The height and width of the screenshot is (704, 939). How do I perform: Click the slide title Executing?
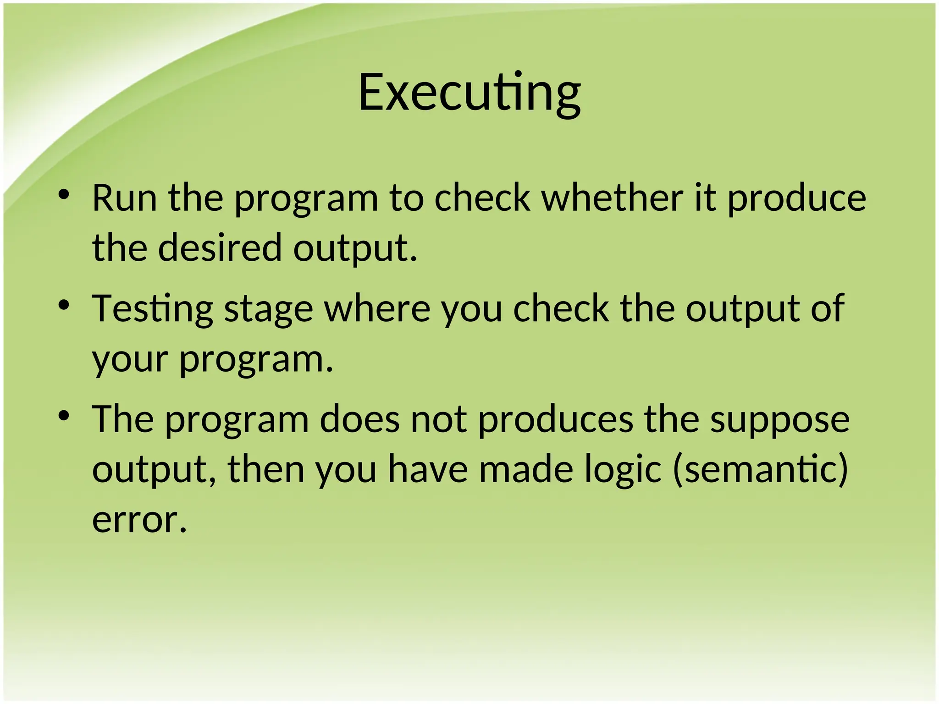[x=469, y=93]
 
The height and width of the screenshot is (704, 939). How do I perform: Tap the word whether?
[x=612, y=198]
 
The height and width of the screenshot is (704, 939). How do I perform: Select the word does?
[x=359, y=419]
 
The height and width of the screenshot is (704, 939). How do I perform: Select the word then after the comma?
[x=266, y=469]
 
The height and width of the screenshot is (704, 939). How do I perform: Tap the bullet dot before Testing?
[x=64, y=305]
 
